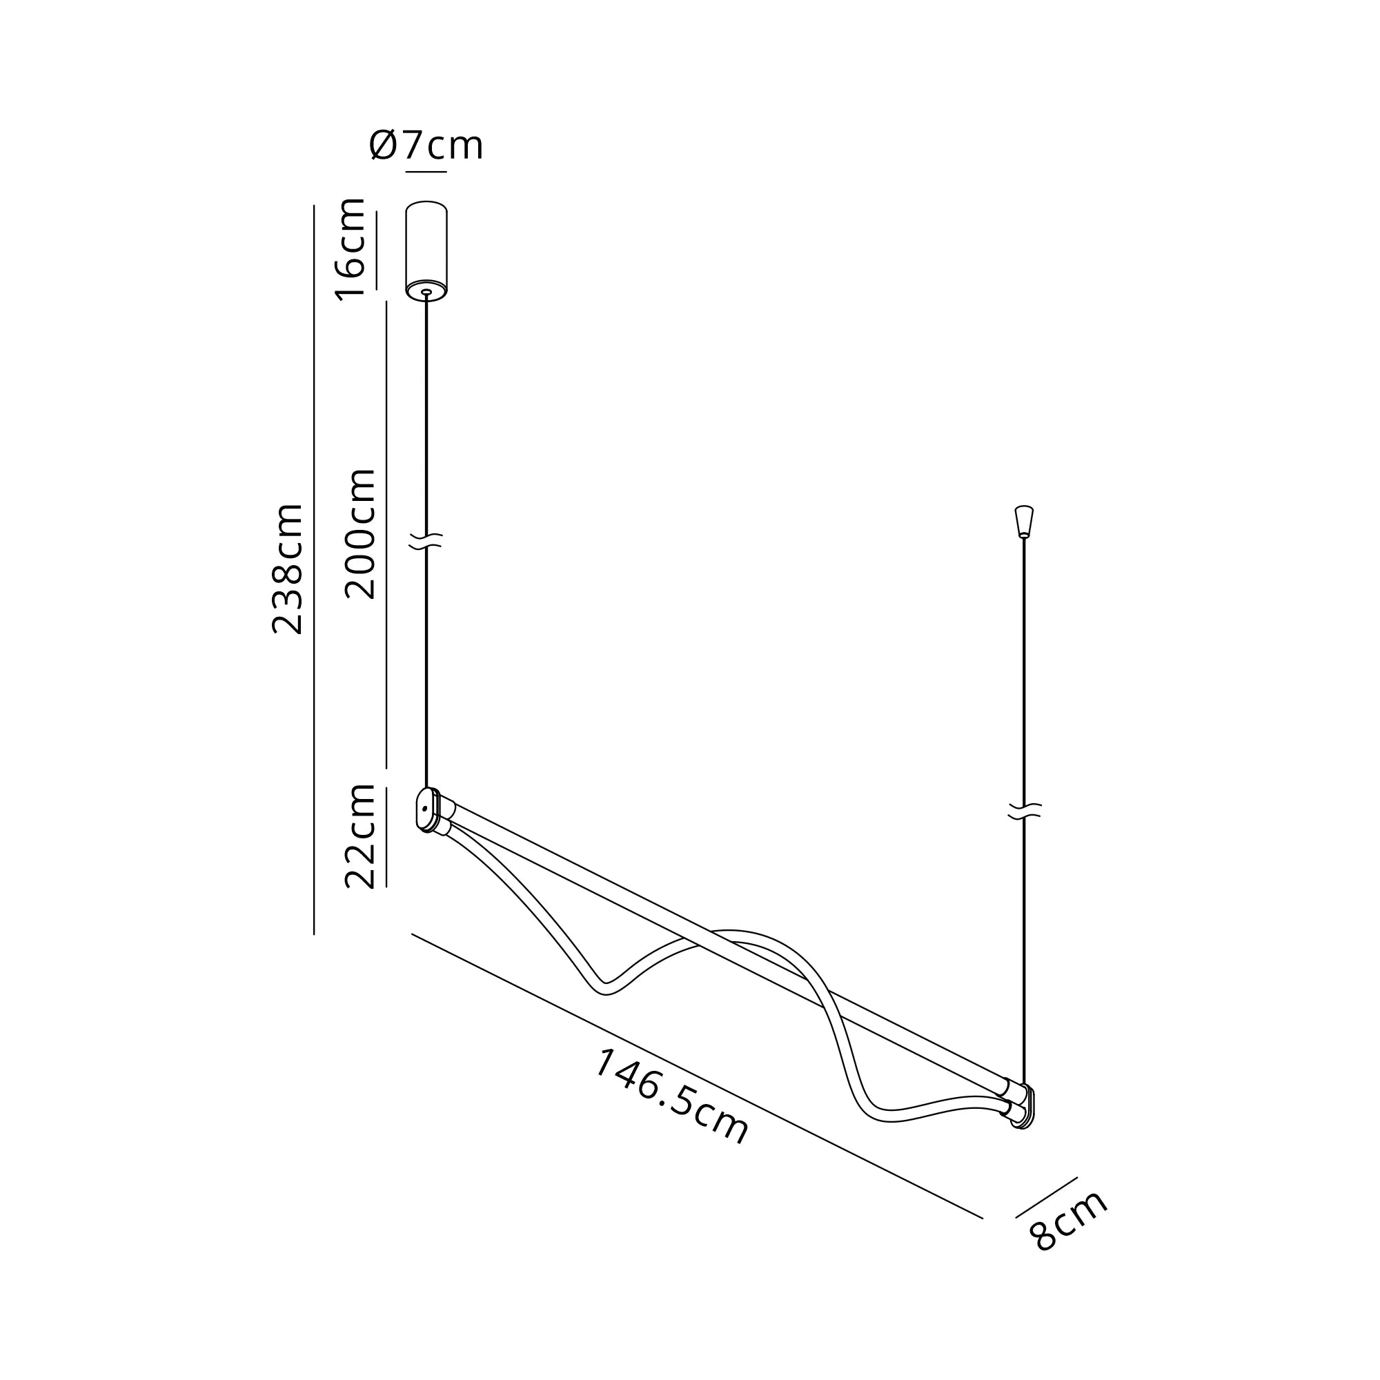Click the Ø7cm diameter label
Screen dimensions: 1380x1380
coord(426,145)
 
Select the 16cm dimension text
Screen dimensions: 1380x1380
coord(351,249)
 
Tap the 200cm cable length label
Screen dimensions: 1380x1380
coord(359,533)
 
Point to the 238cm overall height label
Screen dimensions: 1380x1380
coord(287,569)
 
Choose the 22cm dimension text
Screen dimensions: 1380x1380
coord(359,836)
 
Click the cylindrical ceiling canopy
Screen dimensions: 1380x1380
coord(426,250)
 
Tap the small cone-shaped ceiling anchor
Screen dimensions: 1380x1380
coord(1023,522)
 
